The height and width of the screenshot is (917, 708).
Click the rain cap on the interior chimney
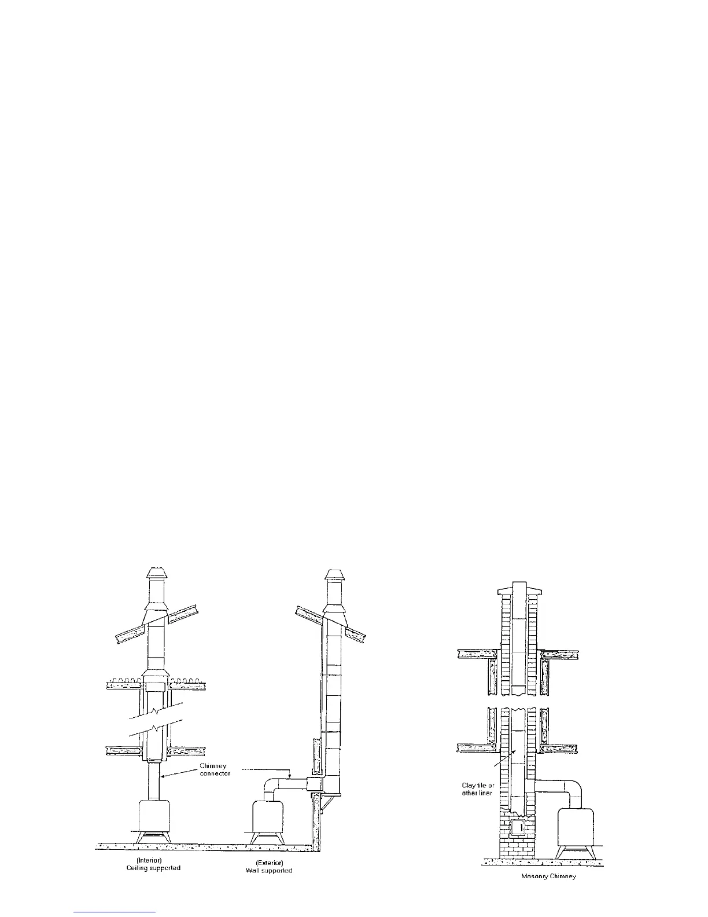(156, 573)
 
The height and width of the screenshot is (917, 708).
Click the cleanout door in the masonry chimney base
(519, 827)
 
